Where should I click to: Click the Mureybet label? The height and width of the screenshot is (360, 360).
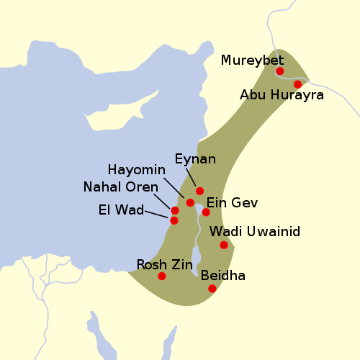click(x=253, y=60)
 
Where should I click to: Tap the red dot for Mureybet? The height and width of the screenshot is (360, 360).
click(x=280, y=71)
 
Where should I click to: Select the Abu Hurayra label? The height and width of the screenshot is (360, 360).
click(x=282, y=95)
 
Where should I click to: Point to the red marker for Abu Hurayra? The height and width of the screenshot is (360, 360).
click(x=297, y=84)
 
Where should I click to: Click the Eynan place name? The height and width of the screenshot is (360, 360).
click(x=195, y=159)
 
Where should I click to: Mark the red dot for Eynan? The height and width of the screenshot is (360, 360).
click(x=199, y=191)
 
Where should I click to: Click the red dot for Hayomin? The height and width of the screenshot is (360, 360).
click(x=190, y=202)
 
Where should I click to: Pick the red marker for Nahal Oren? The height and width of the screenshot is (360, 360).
click(x=174, y=210)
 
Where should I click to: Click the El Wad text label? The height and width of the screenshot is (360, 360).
click(x=120, y=210)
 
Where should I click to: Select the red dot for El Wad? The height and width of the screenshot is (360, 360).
click(x=174, y=220)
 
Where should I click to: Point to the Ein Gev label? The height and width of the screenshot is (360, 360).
click(x=232, y=203)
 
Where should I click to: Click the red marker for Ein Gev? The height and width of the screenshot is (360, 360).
click(x=206, y=212)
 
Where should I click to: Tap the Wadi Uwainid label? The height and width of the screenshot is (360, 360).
click(x=254, y=232)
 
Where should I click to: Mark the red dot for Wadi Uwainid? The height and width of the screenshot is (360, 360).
click(x=224, y=245)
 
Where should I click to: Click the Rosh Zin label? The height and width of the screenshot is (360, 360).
click(x=164, y=264)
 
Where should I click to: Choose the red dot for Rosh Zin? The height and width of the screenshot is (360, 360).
click(x=161, y=276)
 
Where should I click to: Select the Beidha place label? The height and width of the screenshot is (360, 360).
click(x=223, y=276)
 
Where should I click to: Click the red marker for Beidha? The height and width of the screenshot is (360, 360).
click(x=212, y=289)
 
